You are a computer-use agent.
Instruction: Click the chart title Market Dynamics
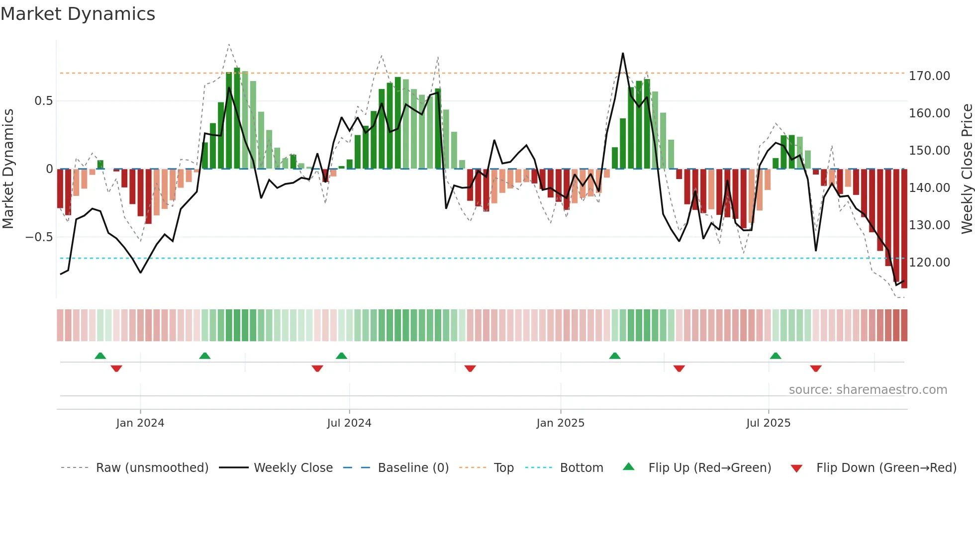78,14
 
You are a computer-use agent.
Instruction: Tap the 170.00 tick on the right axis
929,76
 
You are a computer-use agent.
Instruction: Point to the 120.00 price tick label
929,263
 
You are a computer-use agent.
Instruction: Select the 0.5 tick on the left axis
43,101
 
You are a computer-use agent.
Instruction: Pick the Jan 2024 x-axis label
140,423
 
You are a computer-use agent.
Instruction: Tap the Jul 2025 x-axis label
768,423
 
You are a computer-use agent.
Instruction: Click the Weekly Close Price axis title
967,169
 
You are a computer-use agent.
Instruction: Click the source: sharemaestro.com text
868,390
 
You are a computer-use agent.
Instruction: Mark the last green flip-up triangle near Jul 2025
776,356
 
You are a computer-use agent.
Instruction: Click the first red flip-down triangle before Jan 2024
116,368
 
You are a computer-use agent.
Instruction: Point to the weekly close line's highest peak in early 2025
623,54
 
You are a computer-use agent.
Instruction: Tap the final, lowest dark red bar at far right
904,229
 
